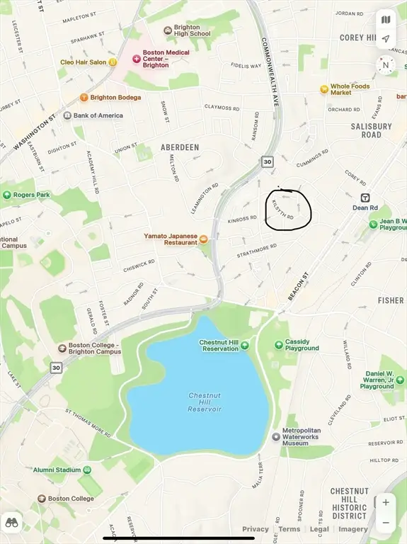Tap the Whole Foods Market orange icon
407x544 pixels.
[323, 89]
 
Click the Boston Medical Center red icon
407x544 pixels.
[137, 58]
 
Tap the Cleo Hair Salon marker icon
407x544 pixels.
[113, 62]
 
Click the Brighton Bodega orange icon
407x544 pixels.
[84, 98]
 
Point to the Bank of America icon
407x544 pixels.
[67, 115]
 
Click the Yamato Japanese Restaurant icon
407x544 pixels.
[204, 239]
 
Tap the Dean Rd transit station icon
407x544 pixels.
[365, 198]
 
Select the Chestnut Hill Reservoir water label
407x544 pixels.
[205, 402]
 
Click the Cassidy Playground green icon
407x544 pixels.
[279, 344]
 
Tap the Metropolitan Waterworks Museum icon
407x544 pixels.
[276, 436]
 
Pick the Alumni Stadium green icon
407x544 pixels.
[87, 470]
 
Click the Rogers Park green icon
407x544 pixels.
[7, 195]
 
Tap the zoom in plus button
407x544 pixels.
[386, 502]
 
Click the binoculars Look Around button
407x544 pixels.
[11, 523]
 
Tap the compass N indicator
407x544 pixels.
[386, 65]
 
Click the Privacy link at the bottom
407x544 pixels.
[256, 529]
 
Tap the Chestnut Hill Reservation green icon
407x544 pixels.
[244, 346]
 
